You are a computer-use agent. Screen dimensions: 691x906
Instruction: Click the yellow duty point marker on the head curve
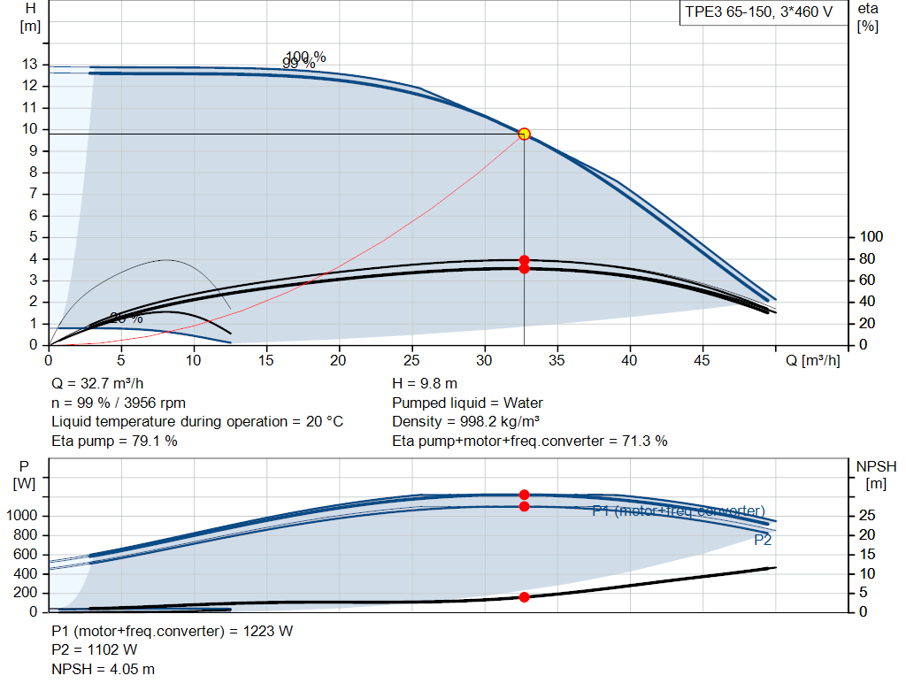click(524, 134)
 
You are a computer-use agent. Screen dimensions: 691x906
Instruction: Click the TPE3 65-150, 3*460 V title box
click(759, 13)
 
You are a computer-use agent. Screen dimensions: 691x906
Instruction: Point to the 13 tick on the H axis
click(31, 65)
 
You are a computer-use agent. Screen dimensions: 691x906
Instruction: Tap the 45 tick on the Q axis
click(703, 360)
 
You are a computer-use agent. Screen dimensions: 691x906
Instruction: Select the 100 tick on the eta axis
click(871, 237)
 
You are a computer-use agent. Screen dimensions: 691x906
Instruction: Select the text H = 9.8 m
click(425, 384)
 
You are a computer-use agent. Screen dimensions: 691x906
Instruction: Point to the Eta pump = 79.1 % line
click(114, 441)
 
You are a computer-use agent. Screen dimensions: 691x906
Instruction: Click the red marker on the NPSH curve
click(524, 597)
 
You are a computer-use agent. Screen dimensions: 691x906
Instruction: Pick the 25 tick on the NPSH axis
click(870, 516)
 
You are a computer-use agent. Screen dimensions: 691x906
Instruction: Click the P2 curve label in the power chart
click(763, 540)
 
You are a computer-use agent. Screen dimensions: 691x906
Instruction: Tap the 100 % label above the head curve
click(306, 58)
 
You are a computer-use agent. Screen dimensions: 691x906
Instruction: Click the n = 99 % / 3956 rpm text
click(119, 403)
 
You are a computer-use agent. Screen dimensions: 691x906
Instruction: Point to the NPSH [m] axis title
click(876, 474)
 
